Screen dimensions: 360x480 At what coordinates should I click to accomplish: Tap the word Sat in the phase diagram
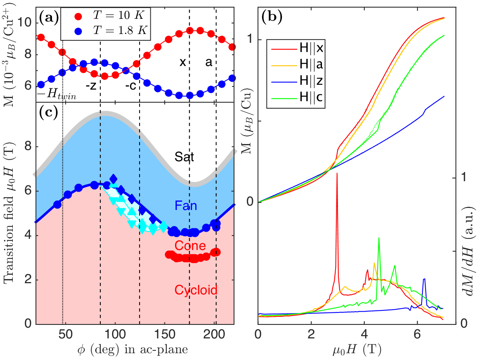coord(184,157)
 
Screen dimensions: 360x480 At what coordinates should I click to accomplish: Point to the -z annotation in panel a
coord(90,85)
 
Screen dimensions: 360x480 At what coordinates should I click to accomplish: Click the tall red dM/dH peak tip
coord(337,173)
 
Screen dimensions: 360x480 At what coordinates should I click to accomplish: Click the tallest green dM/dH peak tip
coord(378,238)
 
